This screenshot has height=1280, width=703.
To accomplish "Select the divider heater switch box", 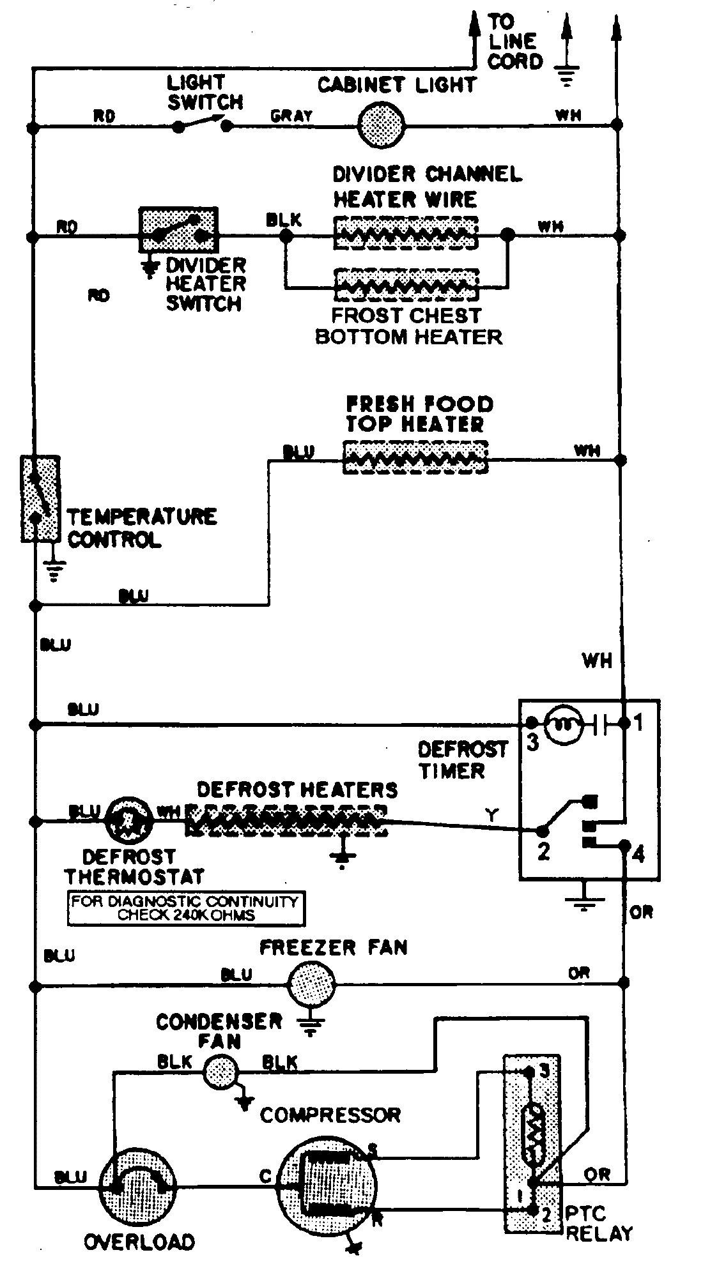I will [x=178, y=230].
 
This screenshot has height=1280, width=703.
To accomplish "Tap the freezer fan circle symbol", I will [x=311, y=985].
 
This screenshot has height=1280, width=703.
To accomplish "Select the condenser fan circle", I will [x=220, y=1070].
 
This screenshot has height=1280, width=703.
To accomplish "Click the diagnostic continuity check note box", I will [x=185, y=908].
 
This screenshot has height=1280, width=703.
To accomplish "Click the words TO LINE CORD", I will [x=515, y=42].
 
